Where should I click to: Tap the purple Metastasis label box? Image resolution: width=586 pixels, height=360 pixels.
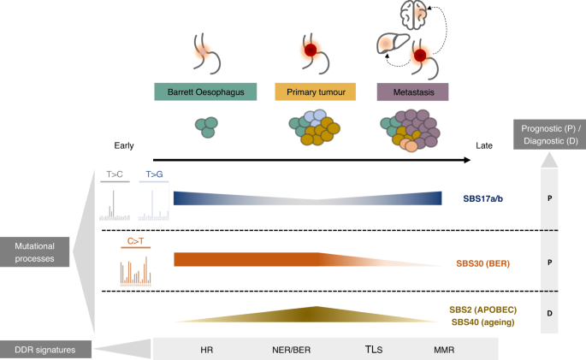pyautogui.click(x=413, y=91)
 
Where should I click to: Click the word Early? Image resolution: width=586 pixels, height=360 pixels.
pyautogui.click(x=125, y=145)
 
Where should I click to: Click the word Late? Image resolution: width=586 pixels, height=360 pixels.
pyautogui.click(x=484, y=146)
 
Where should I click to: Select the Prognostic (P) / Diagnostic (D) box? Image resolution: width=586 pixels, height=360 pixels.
pyautogui.click(x=548, y=134)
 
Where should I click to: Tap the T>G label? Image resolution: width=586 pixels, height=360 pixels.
pyautogui.click(x=154, y=174)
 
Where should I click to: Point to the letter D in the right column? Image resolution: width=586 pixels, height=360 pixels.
pyautogui.click(x=548, y=313)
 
